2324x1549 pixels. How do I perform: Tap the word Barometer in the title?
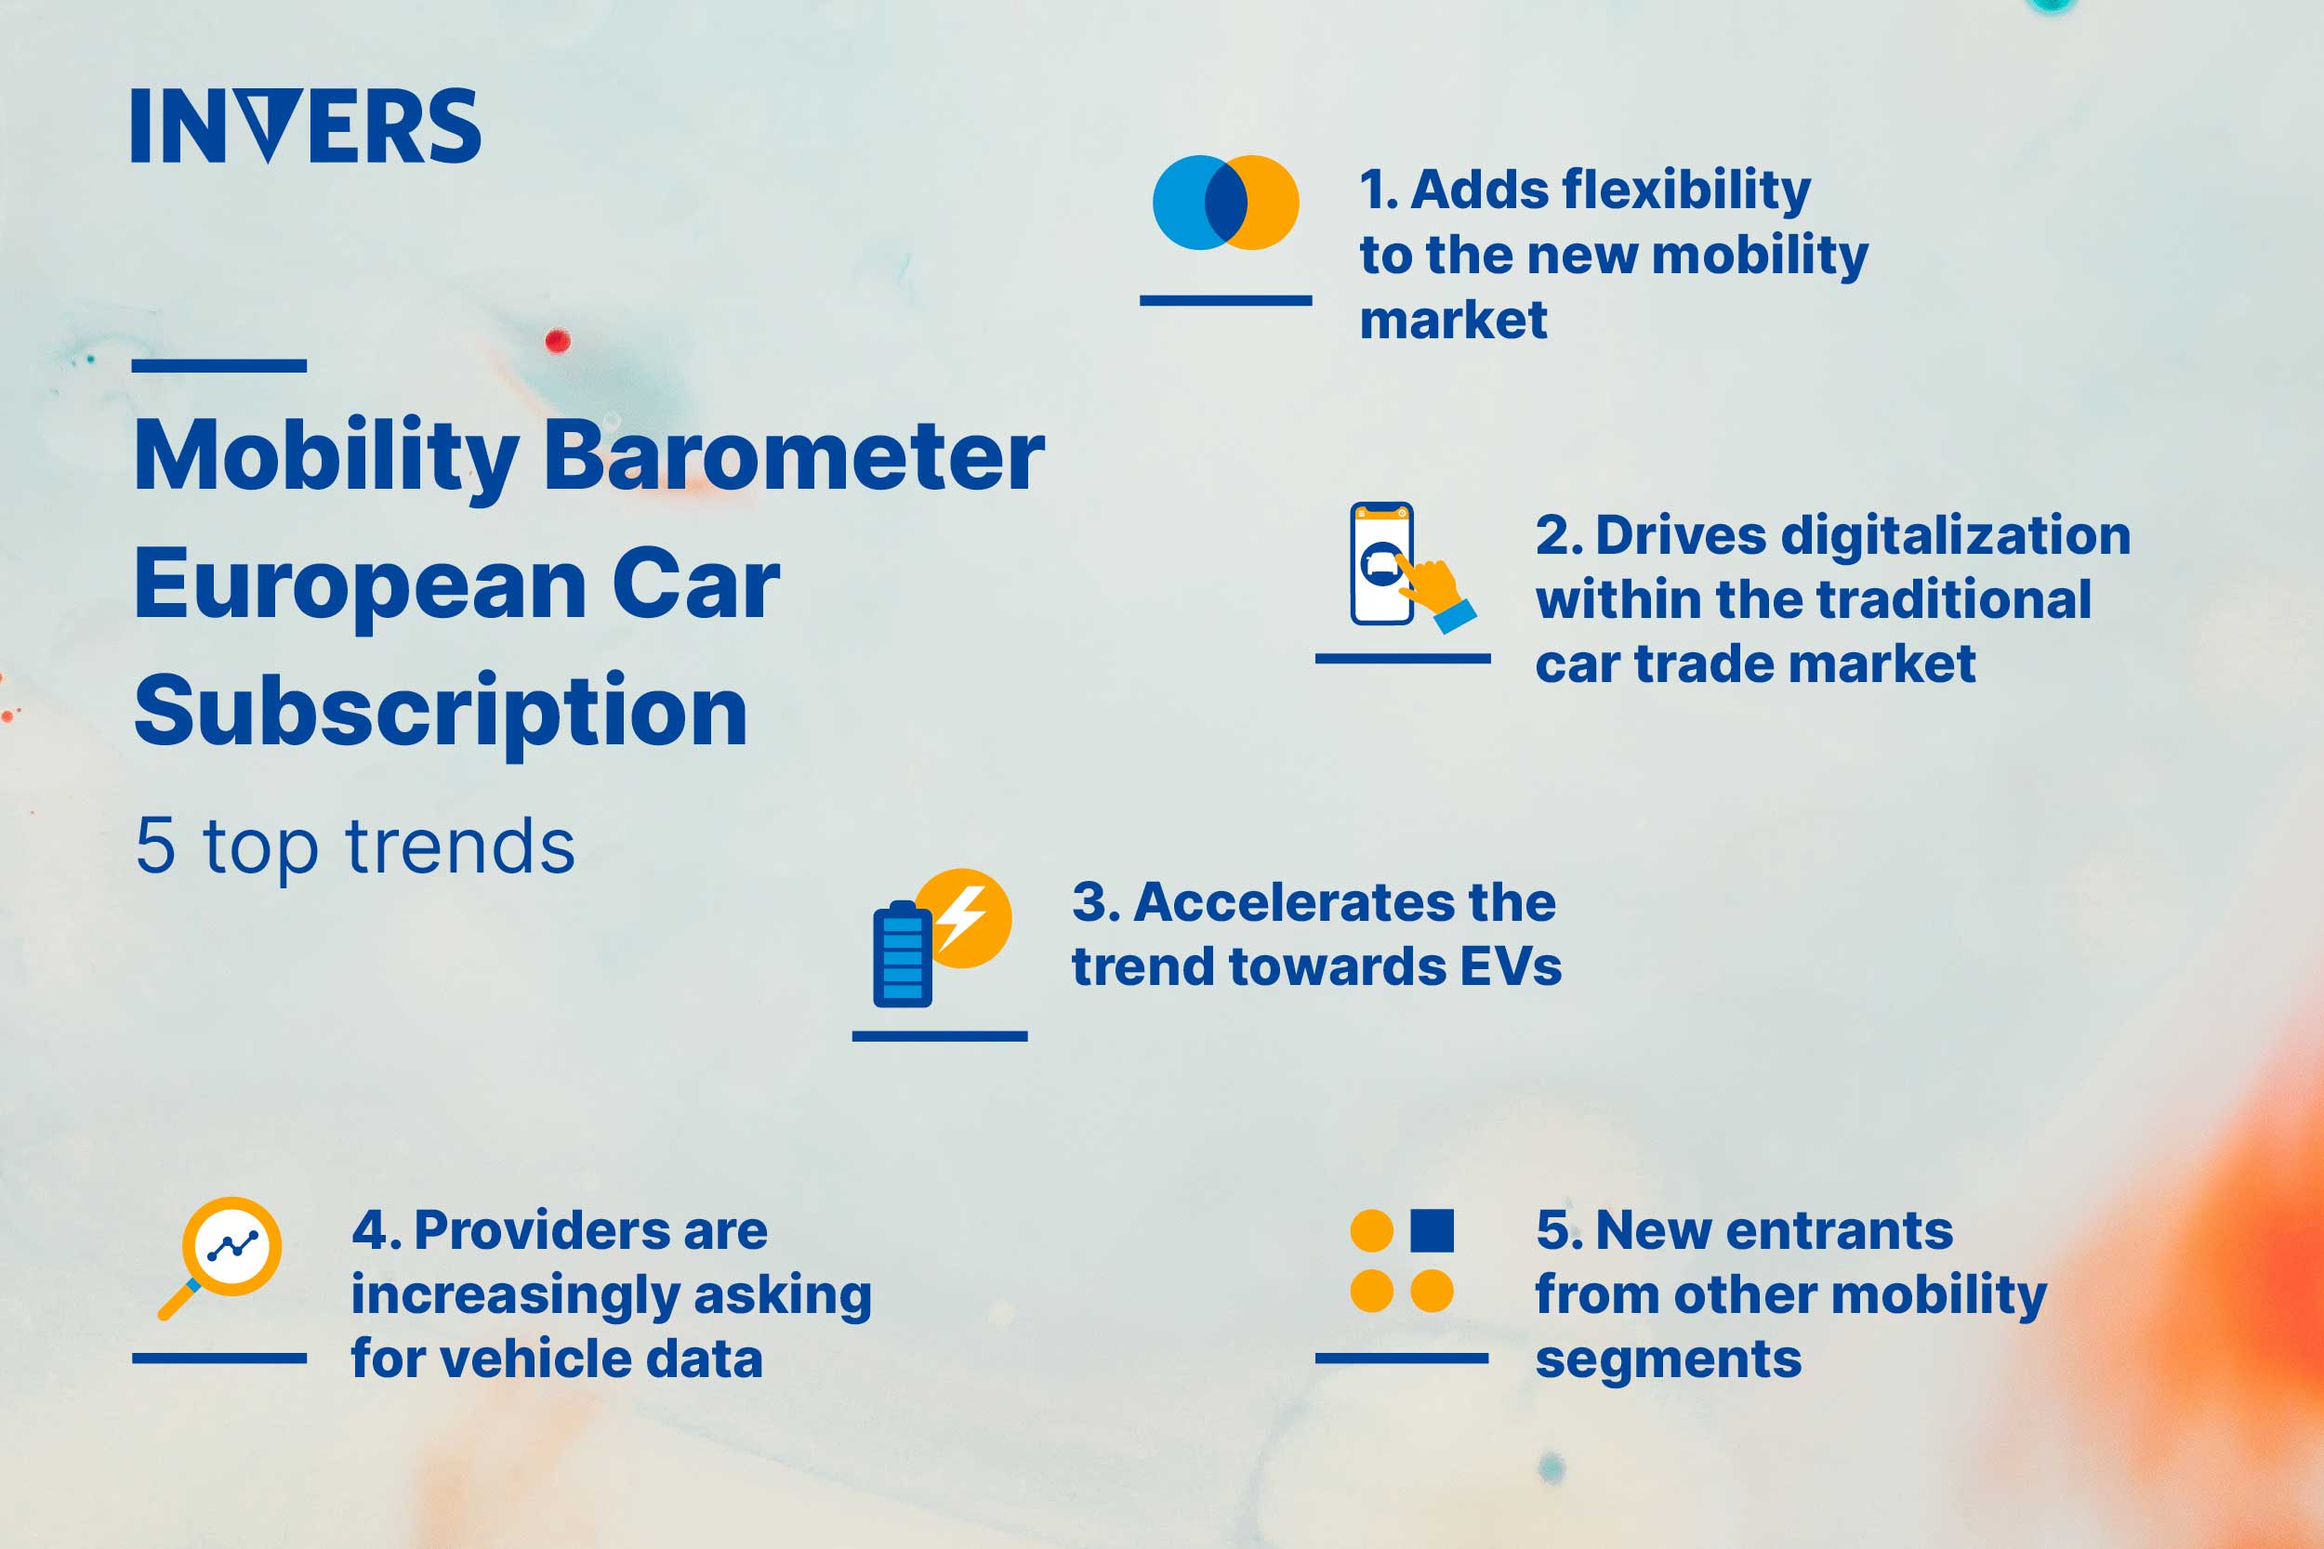tap(794, 455)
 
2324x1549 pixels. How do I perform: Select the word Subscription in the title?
tap(441, 711)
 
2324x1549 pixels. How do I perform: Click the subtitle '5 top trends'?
tap(355, 847)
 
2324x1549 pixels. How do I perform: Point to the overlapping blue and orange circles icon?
tap(1225, 203)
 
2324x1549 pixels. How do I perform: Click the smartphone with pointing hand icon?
tap(1403, 566)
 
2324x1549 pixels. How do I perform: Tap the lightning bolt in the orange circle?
tap(962, 918)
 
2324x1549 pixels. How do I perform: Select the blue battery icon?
tap(901, 956)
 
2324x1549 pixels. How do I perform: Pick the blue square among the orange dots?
tap(1432, 1230)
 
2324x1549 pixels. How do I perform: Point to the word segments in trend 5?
tap(1668, 1360)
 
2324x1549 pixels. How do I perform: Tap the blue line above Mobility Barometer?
tap(218, 365)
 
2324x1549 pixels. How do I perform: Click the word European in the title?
tap(361, 585)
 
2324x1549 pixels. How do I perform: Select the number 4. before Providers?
tap(376, 1231)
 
